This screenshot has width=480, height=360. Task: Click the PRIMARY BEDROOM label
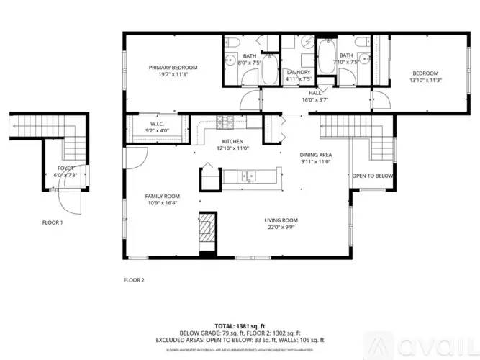[173, 68]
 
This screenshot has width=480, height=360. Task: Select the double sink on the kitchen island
[247, 174]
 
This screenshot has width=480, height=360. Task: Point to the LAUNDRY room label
[298, 72]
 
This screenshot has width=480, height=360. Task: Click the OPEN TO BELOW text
[372, 176]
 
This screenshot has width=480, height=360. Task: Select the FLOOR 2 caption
[134, 279]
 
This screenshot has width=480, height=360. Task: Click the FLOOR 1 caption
[52, 222]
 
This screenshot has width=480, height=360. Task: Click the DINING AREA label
[315, 155]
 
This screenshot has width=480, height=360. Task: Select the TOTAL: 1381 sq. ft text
[240, 327]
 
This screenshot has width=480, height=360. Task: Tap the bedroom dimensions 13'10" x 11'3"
[425, 81]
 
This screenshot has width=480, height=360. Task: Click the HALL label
[315, 93]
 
